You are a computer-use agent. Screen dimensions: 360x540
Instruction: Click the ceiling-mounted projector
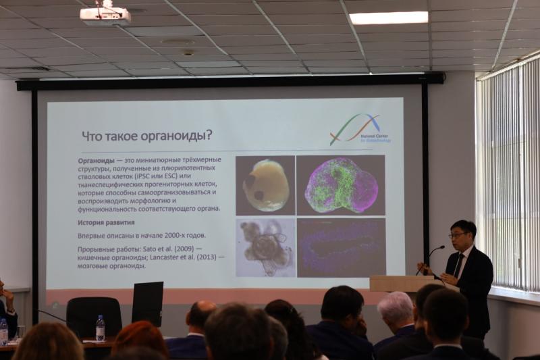pyautogui.click(x=105, y=15)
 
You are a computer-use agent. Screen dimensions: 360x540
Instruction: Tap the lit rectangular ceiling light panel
pyautogui.click(x=388, y=18)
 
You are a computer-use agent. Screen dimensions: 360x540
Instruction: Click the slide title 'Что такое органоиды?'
pyautogui.click(x=146, y=135)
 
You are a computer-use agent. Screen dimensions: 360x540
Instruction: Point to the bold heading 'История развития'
pyautogui.click(x=106, y=222)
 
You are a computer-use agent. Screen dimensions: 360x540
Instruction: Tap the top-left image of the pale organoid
pyautogui.click(x=265, y=185)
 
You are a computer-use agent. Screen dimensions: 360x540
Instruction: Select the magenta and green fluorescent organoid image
pyautogui.click(x=341, y=185)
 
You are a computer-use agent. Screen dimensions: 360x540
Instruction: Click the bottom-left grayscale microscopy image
pyautogui.click(x=265, y=247)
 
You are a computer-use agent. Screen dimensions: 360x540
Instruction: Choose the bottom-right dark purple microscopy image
pyautogui.click(x=341, y=247)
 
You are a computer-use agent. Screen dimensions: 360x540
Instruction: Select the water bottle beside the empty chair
pyautogui.click(x=100, y=328)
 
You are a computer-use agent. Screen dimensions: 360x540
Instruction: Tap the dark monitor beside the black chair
pyautogui.click(x=147, y=303)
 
